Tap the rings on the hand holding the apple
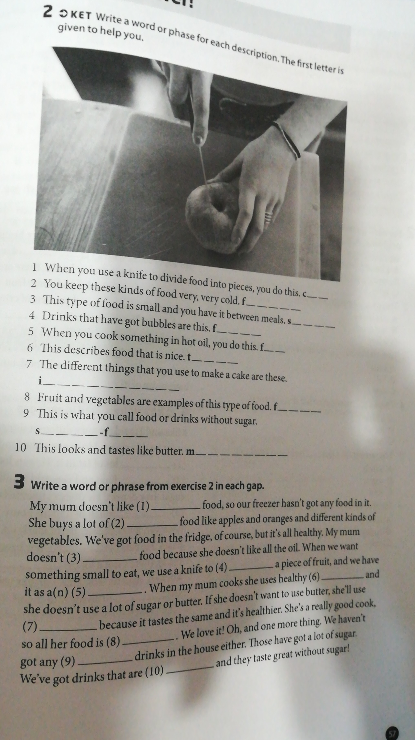tap(268, 217)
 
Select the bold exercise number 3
tap(19, 481)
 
